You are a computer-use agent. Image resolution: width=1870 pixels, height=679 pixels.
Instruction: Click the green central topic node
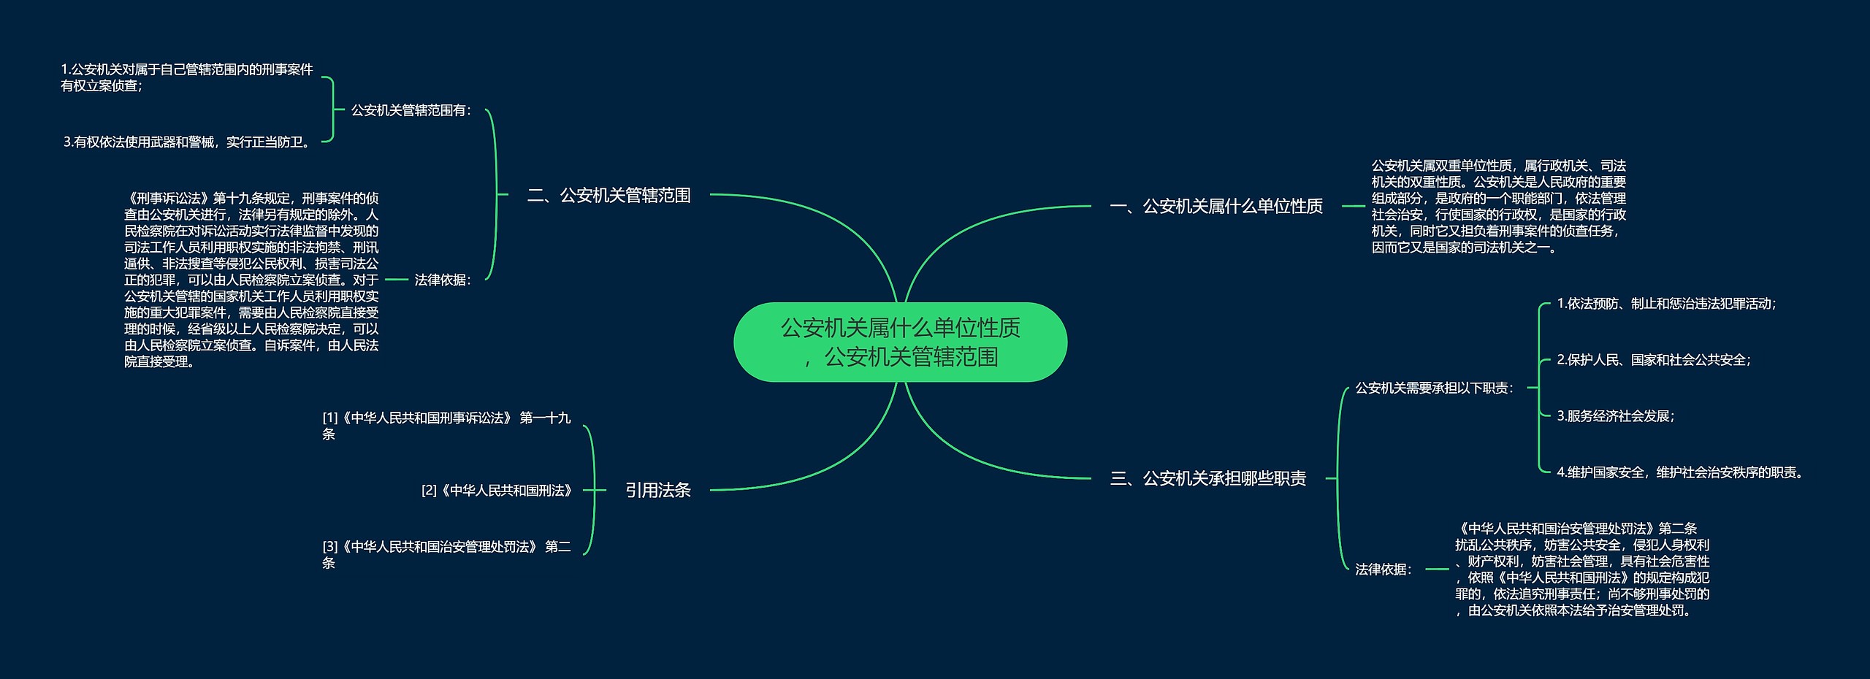tap(900, 342)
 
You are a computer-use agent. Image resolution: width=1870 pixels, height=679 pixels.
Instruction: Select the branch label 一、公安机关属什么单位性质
tap(1216, 207)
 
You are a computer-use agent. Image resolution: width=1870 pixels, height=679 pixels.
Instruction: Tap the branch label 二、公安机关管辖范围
tap(608, 196)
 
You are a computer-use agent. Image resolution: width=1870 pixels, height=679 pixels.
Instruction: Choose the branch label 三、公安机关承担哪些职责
tap(1208, 479)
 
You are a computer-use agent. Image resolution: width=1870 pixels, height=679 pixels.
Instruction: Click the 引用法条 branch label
tap(657, 491)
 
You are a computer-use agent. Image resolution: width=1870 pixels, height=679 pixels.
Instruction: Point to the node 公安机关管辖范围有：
tap(411, 110)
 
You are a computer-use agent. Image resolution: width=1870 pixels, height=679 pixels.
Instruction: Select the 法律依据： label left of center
tap(443, 280)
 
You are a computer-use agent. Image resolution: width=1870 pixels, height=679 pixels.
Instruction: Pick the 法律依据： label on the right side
tap(1384, 569)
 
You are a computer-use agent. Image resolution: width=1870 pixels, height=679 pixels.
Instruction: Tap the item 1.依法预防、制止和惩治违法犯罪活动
tap(1666, 304)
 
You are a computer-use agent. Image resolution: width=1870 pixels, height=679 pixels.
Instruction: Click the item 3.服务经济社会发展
tap(1615, 416)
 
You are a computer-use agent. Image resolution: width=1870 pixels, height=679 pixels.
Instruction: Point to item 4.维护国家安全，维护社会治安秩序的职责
tap(1679, 472)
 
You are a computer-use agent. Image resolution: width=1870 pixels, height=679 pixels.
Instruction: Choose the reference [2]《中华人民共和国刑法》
tap(497, 491)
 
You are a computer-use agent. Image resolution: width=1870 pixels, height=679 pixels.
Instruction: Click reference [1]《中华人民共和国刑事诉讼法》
tap(446, 426)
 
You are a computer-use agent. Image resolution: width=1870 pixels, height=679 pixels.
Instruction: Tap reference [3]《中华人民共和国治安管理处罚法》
tap(446, 554)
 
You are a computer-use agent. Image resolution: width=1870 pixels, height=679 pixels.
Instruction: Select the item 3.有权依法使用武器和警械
tap(188, 142)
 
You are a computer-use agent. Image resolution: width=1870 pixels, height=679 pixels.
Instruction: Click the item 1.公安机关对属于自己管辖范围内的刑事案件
tap(186, 77)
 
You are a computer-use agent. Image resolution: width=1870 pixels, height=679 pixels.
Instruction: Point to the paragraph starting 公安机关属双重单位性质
tap(1498, 207)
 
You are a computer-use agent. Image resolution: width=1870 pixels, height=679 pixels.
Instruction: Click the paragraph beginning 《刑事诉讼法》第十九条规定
tap(251, 280)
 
